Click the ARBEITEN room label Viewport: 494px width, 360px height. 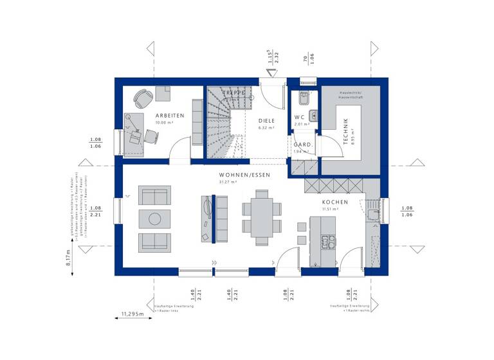click(170, 116)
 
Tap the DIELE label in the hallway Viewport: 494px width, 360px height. click(266, 120)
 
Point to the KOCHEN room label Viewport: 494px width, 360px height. click(335, 202)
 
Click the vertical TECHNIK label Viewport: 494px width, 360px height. click(345, 131)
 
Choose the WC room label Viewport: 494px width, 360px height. click(299, 117)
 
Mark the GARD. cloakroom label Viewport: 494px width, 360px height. click(303, 145)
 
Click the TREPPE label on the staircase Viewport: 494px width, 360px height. click(234, 93)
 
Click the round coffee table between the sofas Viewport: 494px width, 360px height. click(154, 219)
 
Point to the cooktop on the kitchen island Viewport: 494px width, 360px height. click(327, 242)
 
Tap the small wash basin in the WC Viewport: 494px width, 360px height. click(313, 116)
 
